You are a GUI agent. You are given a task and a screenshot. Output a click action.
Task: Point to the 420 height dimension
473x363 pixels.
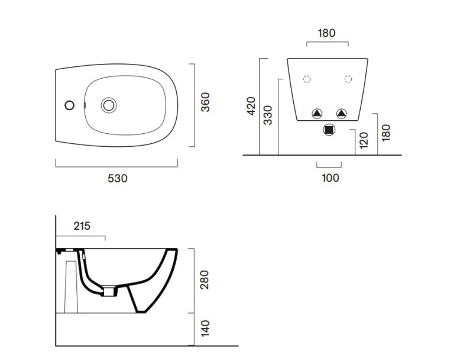[251, 105]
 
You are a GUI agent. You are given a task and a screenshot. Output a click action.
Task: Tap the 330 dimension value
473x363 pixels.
[268, 114]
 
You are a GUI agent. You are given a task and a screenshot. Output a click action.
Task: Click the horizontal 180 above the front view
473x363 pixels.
[326, 33]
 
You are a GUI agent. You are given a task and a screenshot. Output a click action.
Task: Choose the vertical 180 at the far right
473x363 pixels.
[386, 132]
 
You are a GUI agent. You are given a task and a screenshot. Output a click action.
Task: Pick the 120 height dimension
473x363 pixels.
[364, 140]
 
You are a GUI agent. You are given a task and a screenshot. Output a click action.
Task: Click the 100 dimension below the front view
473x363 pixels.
[330, 177]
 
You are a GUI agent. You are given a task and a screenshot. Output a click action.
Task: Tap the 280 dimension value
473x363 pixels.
[205, 280]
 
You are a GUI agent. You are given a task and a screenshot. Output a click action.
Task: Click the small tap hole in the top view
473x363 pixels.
[69, 105]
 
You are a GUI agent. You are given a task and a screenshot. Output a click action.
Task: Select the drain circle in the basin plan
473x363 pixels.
[109, 105]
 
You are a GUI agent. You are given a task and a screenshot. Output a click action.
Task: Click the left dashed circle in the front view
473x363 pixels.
[306, 79]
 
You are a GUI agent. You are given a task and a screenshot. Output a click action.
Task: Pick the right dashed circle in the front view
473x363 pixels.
[348, 79]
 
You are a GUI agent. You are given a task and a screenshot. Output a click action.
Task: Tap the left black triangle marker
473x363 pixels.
[318, 113]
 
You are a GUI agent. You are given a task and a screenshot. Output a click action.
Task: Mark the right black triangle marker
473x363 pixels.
[341, 113]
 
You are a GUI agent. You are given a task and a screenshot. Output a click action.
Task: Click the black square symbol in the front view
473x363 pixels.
[329, 130]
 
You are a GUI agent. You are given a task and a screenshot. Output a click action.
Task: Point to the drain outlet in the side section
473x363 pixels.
[109, 290]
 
